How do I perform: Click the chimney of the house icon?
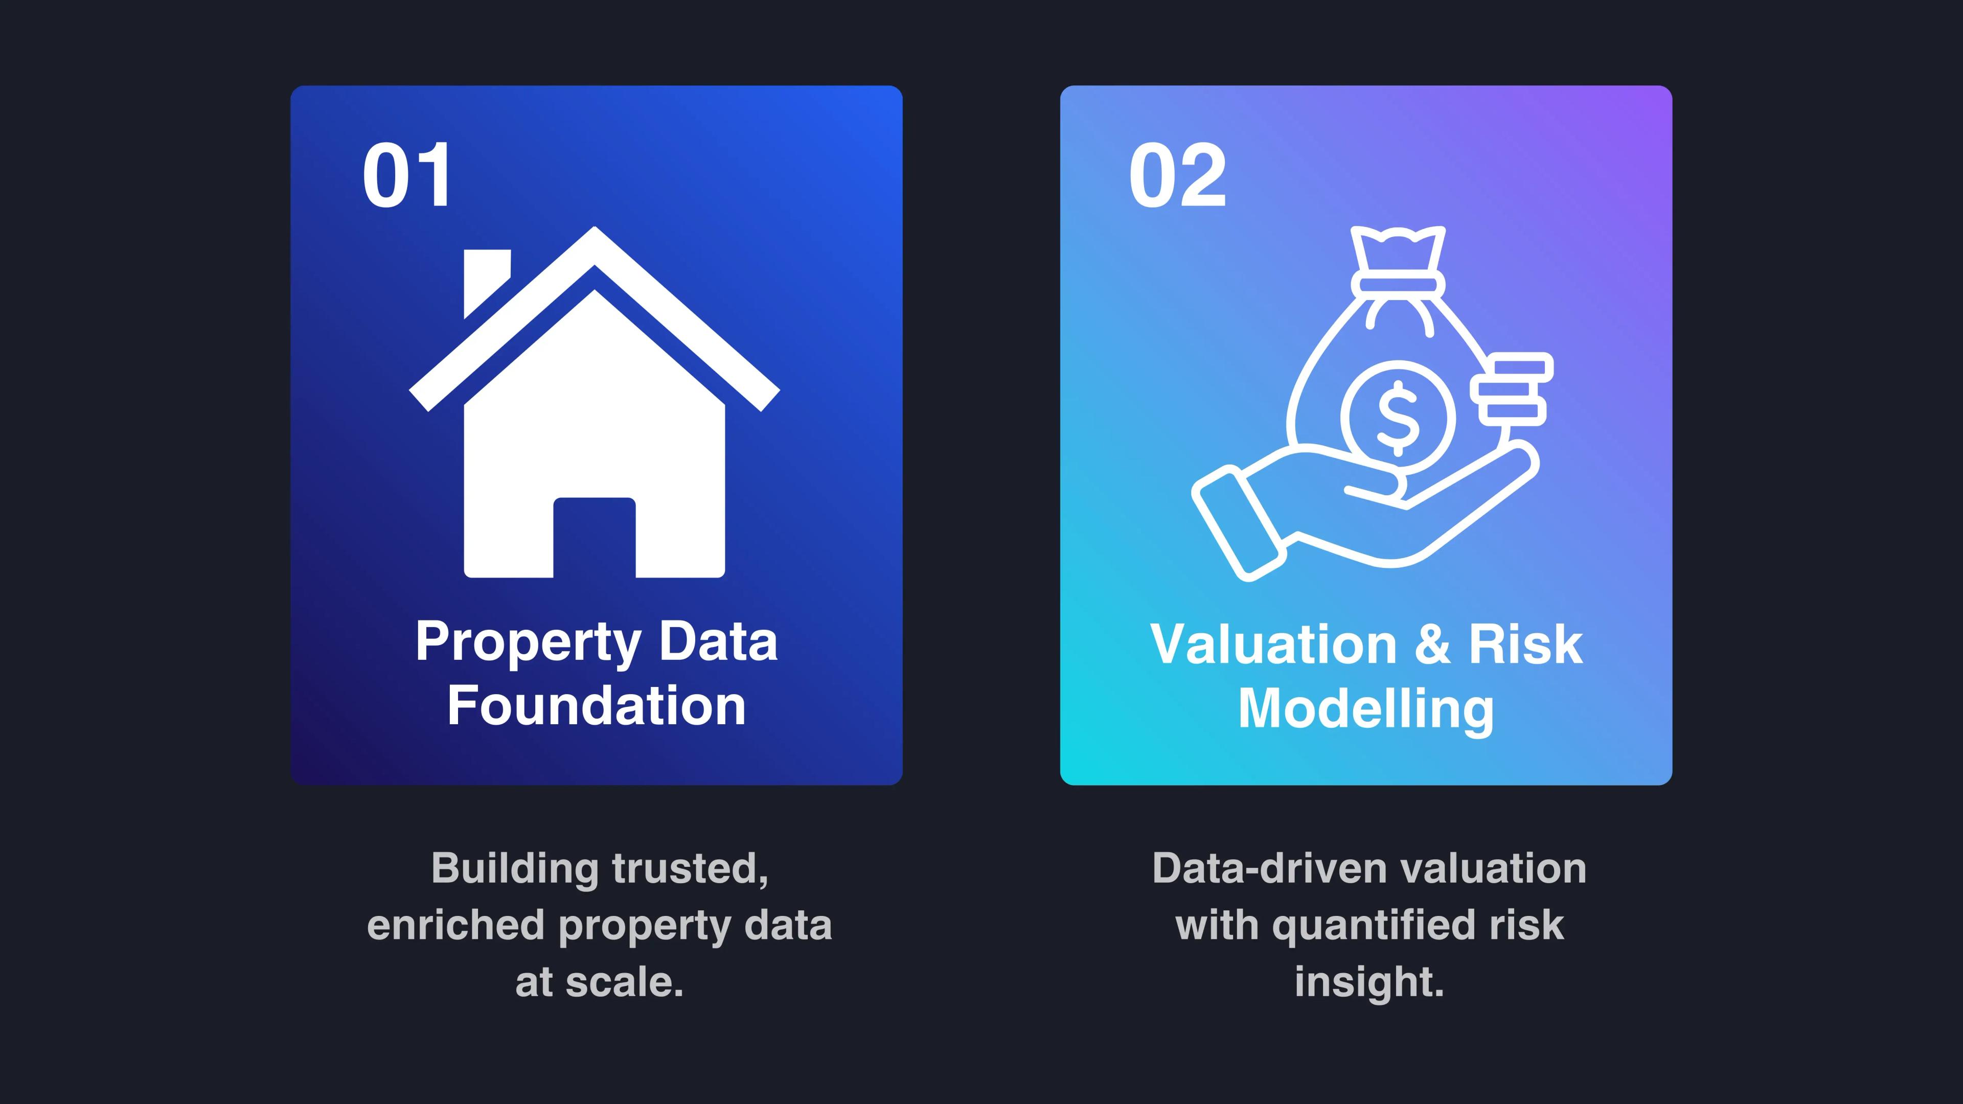(x=486, y=281)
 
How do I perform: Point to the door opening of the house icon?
(x=595, y=537)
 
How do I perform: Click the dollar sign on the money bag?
(x=1398, y=418)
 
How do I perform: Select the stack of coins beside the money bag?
(x=1513, y=388)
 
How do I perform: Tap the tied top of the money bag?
(x=1398, y=259)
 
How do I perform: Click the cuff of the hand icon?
(x=1238, y=525)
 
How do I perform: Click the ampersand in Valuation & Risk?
(x=1432, y=645)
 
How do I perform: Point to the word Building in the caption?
(x=515, y=868)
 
